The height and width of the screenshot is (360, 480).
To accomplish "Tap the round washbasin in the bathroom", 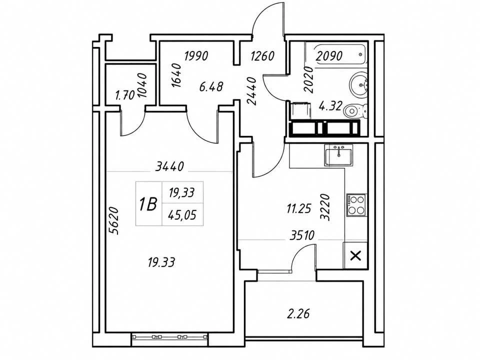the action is pos(358,82).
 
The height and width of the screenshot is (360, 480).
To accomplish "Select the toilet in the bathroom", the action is pos(355,110).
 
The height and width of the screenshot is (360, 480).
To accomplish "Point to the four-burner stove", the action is pos(356,204).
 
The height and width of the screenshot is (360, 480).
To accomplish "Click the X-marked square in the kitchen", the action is pos(355,255).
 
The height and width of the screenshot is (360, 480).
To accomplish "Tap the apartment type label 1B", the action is pos(148,204).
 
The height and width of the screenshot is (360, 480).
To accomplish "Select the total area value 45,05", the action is pos(182,215).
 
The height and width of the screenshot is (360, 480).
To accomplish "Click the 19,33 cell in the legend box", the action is pos(182,192).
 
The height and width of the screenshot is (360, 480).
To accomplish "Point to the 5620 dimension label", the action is pos(113,220).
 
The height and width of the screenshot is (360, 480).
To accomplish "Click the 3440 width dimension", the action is pos(169,166).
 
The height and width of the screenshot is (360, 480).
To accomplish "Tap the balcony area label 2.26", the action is pos(298,313).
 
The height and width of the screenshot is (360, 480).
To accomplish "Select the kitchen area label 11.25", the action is pos(299,209).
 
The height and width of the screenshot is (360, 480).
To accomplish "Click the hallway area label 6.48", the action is pos(211,86).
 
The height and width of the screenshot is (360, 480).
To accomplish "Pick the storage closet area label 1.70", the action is pos(125,96).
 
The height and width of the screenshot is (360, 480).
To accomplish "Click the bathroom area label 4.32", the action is pos(330,106).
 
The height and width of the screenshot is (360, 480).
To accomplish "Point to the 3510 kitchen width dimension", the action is pos(302,235).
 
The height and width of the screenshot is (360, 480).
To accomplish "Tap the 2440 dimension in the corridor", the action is pos(251,91).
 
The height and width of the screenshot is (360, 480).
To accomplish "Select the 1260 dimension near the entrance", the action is pos(262,56).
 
